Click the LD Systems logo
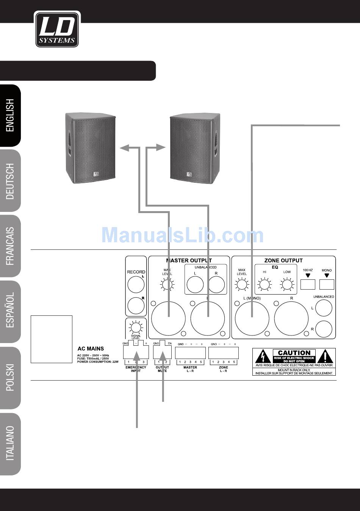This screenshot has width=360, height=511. click(x=57, y=29)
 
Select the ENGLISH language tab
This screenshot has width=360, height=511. click(x=10, y=116)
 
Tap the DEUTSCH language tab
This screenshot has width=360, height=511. click(x=10, y=181)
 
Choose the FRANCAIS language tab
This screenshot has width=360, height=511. click(x=10, y=246)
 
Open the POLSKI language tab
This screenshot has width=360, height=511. click(x=10, y=377)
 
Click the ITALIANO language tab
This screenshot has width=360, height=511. click(x=10, y=443)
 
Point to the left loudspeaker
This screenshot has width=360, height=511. click(x=90, y=148)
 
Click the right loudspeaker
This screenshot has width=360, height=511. click(x=194, y=148)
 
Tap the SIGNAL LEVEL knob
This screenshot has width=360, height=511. click(x=136, y=326)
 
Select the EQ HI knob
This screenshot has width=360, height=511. click(x=265, y=284)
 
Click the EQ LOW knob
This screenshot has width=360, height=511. click(x=287, y=284)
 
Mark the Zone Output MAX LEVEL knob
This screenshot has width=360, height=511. click(x=242, y=284)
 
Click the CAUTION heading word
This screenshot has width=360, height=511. click(x=294, y=353)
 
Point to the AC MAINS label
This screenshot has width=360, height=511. click(x=91, y=348)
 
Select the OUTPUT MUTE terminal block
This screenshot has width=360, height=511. click(x=162, y=353)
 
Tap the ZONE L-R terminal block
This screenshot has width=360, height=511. click(x=224, y=353)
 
